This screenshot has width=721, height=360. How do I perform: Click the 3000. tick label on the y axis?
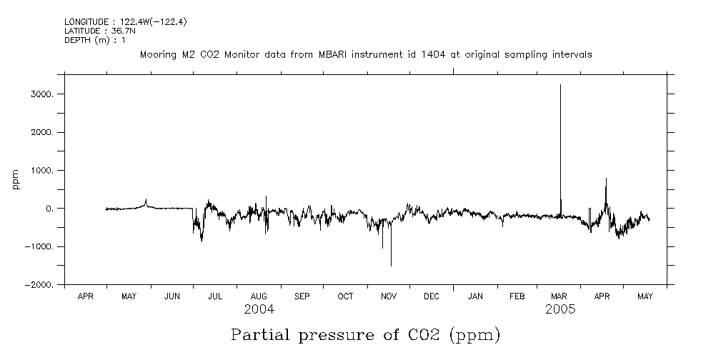tap(44, 94)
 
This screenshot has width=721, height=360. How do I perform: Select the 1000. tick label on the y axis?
tap(44, 171)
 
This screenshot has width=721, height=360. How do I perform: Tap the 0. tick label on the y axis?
tap(50, 209)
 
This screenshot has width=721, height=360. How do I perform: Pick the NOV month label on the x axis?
tap(388, 296)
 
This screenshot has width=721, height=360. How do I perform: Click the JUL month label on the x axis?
tap(215, 296)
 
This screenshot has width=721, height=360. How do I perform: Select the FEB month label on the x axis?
tap(517, 296)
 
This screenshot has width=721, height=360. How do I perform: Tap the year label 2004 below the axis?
tap(258, 310)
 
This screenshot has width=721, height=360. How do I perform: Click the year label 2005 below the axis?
tap(560, 310)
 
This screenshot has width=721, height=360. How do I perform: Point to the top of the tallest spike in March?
tap(560, 85)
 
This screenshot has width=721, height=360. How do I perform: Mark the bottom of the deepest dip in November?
tap(391, 266)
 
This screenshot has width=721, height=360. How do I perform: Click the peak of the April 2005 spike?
tap(606, 179)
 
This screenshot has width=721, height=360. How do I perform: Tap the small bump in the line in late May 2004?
tap(146, 200)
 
